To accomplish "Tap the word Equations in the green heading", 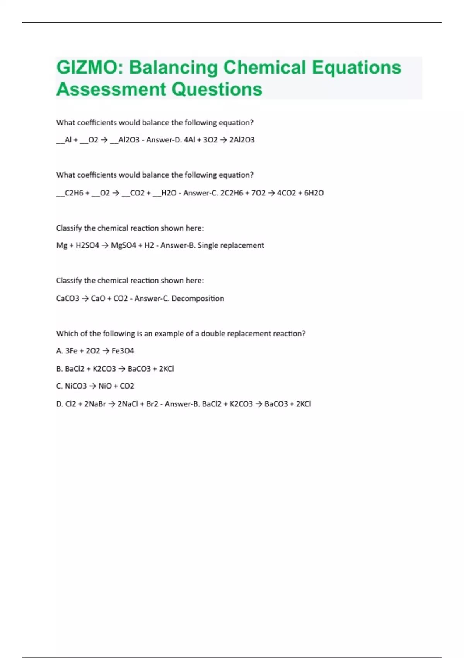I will click(357, 67).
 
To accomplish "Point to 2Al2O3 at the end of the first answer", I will click(242, 140).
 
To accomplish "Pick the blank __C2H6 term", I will click(70, 193).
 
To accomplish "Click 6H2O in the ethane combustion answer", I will click(314, 193).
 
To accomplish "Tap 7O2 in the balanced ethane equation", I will click(258, 193).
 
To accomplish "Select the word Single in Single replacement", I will click(207, 245).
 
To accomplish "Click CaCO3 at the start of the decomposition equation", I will click(68, 298).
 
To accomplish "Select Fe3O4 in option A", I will click(123, 351).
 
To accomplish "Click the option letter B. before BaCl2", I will click(60, 369).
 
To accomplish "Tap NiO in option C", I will click(105, 386).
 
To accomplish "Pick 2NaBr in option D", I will click(95, 404).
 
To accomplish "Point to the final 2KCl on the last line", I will click(304, 404).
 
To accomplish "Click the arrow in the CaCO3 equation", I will click(85, 298).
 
